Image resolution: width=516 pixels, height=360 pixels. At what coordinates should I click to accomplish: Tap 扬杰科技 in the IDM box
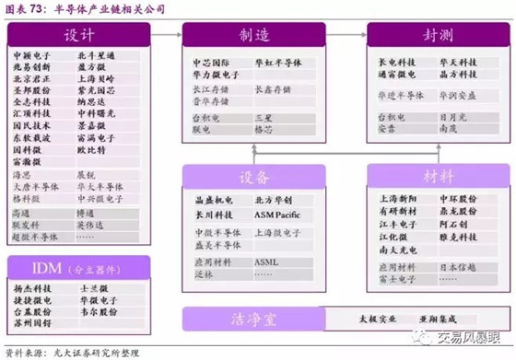(x=33, y=288)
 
